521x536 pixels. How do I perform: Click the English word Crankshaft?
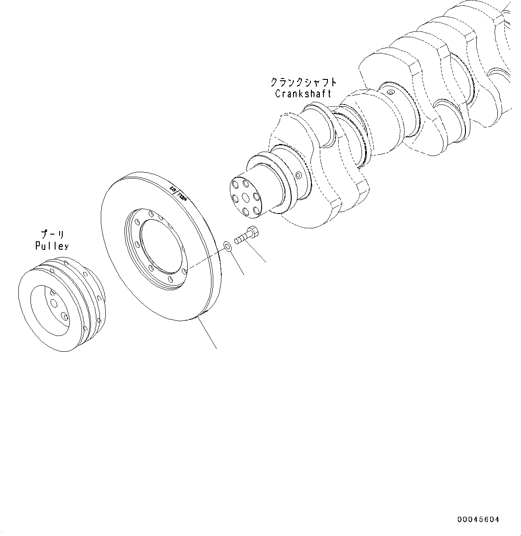click(303, 94)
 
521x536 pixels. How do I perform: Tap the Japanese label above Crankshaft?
click(303, 83)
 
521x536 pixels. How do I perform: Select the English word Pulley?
click(52, 246)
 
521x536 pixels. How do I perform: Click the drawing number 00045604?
click(478, 520)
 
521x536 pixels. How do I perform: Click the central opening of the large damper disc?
click(161, 248)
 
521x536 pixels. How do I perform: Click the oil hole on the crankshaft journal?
click(391, 93)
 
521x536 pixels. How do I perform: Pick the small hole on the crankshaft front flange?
click(300, 174)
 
